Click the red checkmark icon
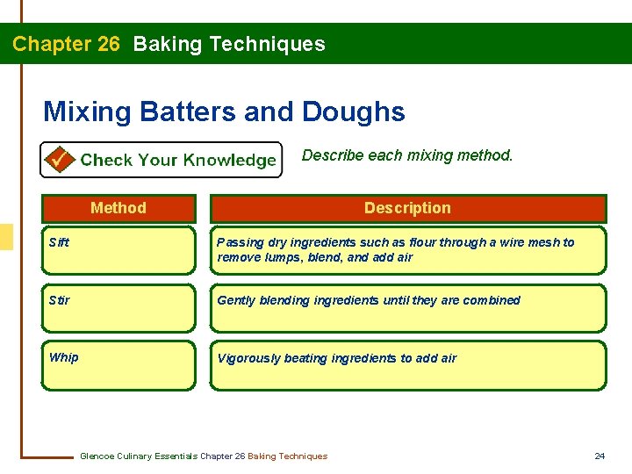coord(60,160)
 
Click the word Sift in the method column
coord(60,242)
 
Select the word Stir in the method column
coord(60,300)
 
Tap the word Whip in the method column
coord(64,357)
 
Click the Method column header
coord(118,208)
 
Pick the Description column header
coord(407,208)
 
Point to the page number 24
coord(600,456)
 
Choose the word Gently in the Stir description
coord(235,300)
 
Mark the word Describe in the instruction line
coord(333,155)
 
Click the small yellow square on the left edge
coord(6,237)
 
